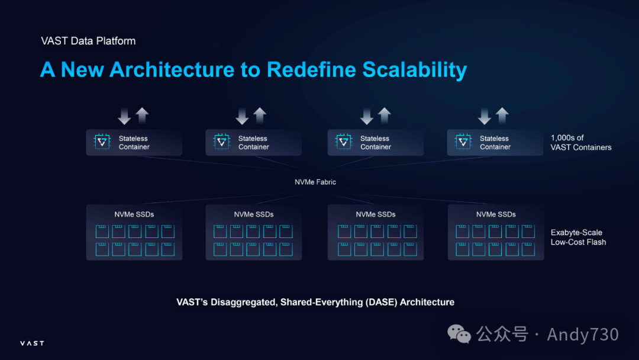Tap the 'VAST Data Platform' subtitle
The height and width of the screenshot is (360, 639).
click(x=88, y=41)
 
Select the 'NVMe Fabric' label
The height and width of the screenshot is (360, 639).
click(x=315, y=182)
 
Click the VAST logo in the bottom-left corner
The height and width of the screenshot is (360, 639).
click(x=32, y=343)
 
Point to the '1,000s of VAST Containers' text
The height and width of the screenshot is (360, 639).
click(x=580, y=143)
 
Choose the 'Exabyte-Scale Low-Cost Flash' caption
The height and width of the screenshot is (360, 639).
click(x=578, y=237)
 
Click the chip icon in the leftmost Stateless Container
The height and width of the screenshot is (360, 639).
click(x=102, y=142)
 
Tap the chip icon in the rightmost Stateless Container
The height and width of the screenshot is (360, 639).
click(x=463, y=142)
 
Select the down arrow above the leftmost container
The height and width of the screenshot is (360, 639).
click(x=124, y=115)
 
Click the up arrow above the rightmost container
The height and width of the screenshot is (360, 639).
click(x=502, y=115)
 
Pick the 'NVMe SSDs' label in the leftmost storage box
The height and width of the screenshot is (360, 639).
click(x=134, y=214)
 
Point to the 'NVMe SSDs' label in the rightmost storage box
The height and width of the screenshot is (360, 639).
click(x=496, y=214)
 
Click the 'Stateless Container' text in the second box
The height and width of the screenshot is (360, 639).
click(x=253, y=143)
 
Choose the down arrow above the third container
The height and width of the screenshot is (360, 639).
click(x=367, y=115)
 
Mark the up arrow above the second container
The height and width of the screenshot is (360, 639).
click(x=260, y=115)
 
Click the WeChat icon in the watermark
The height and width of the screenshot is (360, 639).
click(x=459, y=334)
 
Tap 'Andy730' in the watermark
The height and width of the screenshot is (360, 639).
click(x=583, y=335)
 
